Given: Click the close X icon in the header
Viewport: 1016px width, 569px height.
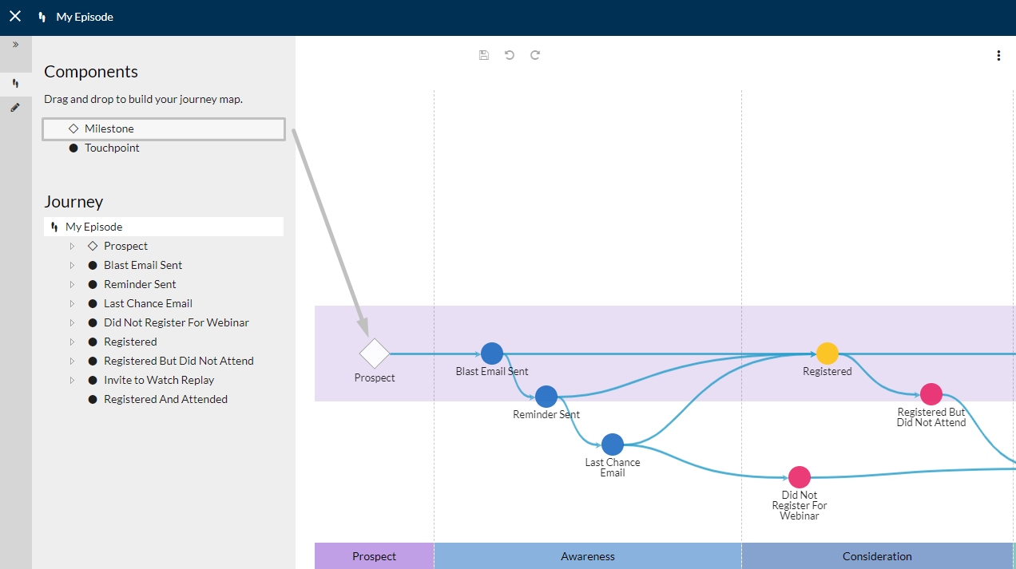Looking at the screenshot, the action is click(x=15, y=17).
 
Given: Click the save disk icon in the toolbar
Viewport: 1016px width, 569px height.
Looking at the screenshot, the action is click(x=484, y=55).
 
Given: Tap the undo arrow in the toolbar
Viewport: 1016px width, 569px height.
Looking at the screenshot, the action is click(x=510, y=55).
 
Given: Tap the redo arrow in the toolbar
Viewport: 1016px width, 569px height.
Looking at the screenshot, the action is click(x=535, y=55).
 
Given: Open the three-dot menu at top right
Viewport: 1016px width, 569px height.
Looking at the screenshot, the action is click(x=998, y=55).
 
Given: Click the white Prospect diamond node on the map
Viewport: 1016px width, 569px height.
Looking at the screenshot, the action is click(x=374, y=354).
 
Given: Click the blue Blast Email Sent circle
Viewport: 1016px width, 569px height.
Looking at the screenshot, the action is click(x=492, y=354).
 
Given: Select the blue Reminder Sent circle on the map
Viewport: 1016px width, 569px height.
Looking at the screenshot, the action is click(x=546, y=397).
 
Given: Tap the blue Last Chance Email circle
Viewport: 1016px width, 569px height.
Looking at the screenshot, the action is click(x=613, y=445).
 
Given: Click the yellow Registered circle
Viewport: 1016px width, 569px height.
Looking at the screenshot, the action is click(x=827, y=354).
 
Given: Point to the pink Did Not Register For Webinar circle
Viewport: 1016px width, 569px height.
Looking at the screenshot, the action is click(x=800, y=477).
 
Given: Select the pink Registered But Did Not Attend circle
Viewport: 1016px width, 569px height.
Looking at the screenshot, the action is click(x=931, y=394).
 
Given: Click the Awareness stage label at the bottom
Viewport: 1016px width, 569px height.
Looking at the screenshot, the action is click(x=588, y=556).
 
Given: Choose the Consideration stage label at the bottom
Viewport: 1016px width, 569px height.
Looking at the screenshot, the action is click(x=877, y=556).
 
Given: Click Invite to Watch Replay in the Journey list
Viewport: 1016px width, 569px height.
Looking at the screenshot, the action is click(x=159, y=380).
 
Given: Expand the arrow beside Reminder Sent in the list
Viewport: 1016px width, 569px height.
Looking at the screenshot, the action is click(x=72, y=284).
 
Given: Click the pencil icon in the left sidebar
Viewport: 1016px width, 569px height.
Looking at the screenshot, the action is click(x=15, y=108).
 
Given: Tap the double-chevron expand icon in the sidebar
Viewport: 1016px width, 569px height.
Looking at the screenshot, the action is click(x=15, y=45).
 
